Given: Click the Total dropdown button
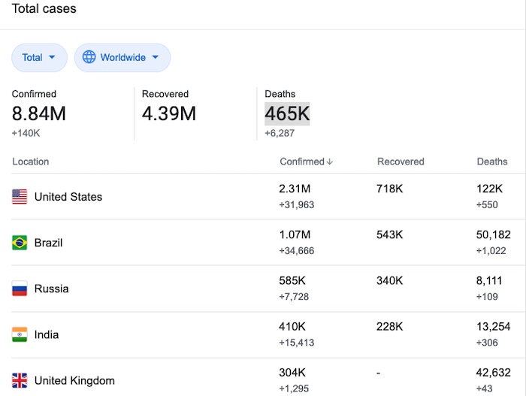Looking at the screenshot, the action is click(39, 57).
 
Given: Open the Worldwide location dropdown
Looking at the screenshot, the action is click(122, 57).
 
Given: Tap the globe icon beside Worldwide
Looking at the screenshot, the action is click(89, 57).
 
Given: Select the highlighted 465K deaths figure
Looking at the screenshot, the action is click(287, 113).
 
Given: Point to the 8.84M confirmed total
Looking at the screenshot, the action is click(39, 113).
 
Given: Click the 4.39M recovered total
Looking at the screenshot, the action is click(169, 113).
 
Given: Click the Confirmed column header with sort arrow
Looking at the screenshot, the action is click(307, 162).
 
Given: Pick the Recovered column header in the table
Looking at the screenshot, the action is click(401, 162).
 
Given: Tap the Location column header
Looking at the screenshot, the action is click(31, 162).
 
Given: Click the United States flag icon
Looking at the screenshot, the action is click(20, 197).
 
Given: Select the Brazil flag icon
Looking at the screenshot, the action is click(20, 243).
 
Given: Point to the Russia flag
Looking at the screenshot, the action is click(20, 289).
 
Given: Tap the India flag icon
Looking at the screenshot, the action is click(20, 334).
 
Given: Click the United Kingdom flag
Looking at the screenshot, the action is click(20, 380).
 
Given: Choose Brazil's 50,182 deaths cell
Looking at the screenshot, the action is click(494, 234).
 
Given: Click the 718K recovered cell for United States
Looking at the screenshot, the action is click(389, 189).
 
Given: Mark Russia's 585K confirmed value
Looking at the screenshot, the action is click(292, 280).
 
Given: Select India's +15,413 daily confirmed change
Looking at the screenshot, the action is click(297, 343).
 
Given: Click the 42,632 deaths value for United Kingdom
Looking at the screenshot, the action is click(494, 373).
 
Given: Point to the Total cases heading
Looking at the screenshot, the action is click(44, 8).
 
